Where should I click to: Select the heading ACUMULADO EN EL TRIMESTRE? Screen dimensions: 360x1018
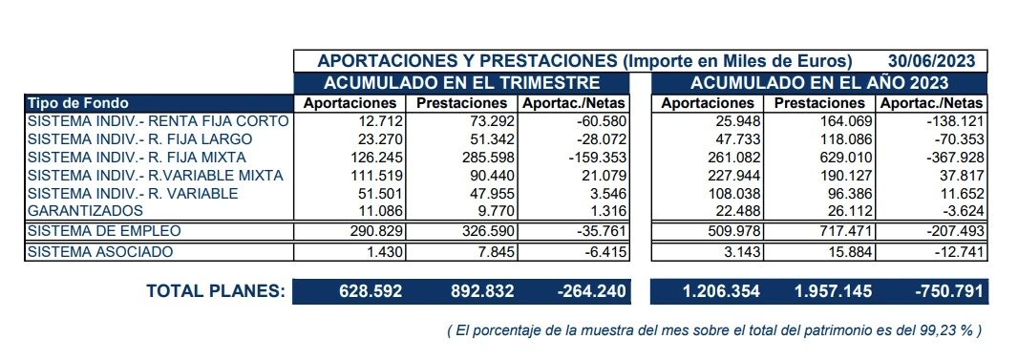(462, 82)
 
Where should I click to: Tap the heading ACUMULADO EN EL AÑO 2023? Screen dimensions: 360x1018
(818, 82)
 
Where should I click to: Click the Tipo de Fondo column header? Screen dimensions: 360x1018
(78, 102)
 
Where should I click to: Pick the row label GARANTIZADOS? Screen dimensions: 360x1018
(87, 209)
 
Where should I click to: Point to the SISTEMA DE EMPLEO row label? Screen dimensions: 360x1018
(104, 231)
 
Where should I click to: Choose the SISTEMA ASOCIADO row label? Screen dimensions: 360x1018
(101, 251)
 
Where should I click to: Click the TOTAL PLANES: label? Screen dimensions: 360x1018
(215, 291)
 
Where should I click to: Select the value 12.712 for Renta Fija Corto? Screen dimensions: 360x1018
(379, 121)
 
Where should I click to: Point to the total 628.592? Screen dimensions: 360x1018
(371, 291)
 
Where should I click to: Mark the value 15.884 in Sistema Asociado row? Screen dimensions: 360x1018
(838, 251)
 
